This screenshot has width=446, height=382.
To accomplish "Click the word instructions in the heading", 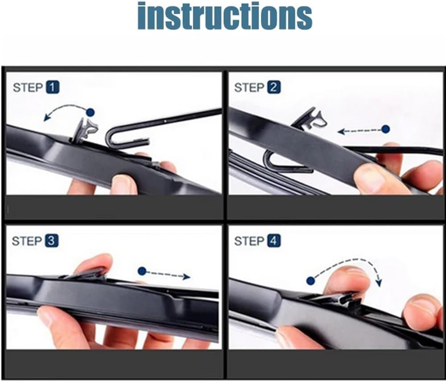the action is pyautogui.click(x=225, y=16).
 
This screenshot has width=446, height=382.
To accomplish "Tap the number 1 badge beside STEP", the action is pyautogui.click(x=52, y=87).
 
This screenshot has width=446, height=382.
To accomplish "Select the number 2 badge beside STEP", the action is pyautogui.click(x=274, y=87).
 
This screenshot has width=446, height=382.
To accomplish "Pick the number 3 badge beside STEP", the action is pyautogui.click(x=51, y=241).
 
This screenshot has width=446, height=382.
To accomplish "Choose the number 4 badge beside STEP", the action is pyautogui.click(x=274, y=241).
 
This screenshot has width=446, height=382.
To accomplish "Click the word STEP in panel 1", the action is pyautogui.click(x=28, y=87).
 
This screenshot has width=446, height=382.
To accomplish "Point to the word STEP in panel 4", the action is pyautogui.click(x=249, y=241).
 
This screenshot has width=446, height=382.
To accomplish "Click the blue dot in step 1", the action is pyautogui.click(x=91, y=112).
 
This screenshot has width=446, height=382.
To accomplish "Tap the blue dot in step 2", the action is pyautogui.click(x=386, y=129).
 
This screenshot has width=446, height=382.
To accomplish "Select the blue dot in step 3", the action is pyautogui.click(x=142, y=271).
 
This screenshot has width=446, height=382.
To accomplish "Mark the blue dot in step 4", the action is pyautogui.click(x=310, y=281).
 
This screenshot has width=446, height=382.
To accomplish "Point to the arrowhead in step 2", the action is pyautogui.click(x=341, y=131).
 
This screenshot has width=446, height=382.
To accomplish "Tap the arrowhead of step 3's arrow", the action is pyautogui.click(x=186, y=276).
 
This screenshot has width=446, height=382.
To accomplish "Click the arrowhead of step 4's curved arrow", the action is pyautogui.click(x=379, y=282).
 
